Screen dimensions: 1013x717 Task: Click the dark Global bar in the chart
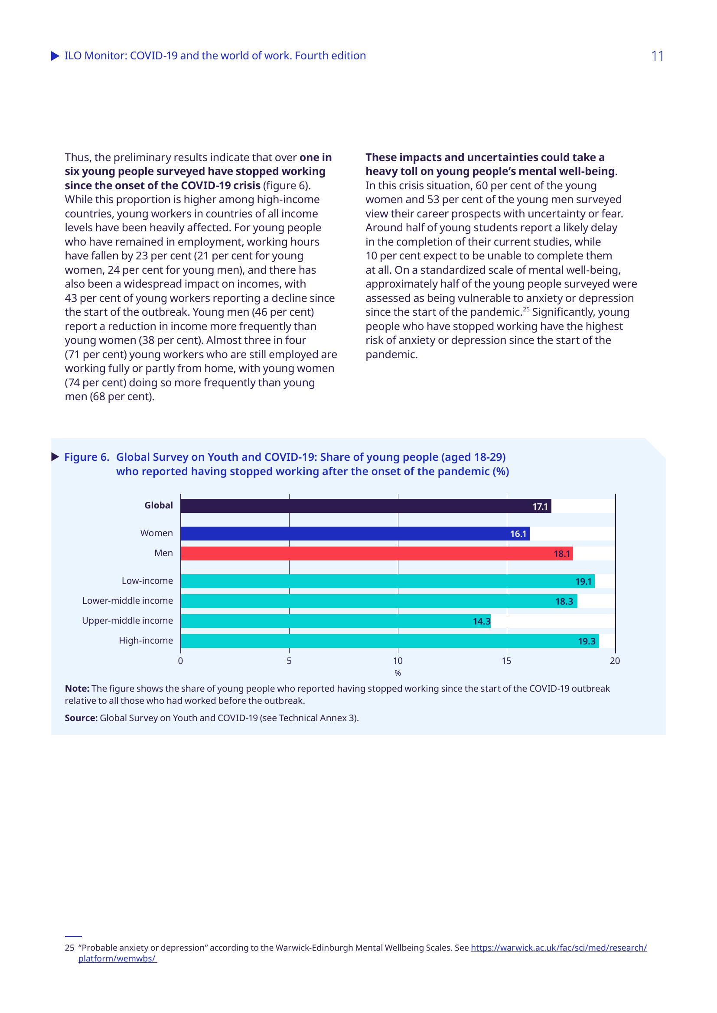point(365,505)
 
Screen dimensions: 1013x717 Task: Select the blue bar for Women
point(355,534)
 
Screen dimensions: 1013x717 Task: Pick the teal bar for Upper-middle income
point(336,621)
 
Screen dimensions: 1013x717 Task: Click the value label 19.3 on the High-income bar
point(587,641)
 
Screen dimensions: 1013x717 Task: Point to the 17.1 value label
point(540,507)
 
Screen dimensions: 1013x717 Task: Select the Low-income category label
point(147,581)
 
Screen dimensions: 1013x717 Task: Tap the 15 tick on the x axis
point(506,660)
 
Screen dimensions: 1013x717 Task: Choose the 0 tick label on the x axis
point(181,660)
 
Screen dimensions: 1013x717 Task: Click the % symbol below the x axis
point(398,673)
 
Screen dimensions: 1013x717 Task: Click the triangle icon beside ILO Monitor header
point(55,56)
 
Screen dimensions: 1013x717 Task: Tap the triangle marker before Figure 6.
point(55,456)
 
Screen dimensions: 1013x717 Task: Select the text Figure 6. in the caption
point(87,457)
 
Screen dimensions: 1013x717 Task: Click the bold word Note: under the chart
point(77,688)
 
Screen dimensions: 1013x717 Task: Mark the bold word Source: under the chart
point(81,718)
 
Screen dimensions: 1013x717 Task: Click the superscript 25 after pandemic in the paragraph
point(526,309)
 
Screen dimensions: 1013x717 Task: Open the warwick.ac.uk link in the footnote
point(558,948)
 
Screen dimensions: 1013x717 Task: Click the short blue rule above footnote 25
point(73,936)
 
